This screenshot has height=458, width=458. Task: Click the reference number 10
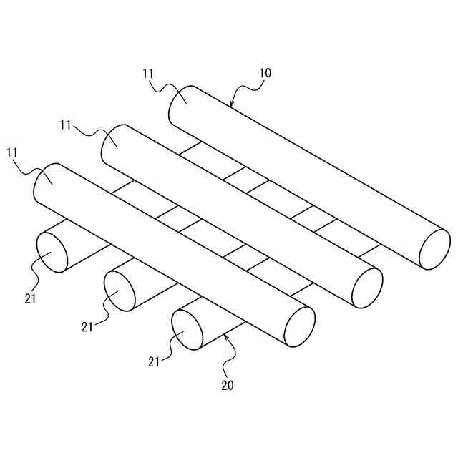pos(265,73)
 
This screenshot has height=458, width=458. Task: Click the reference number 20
pos(227,385)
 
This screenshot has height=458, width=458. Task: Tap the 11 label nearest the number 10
pos(148,73)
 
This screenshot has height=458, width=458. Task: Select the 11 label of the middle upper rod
pos(67,125)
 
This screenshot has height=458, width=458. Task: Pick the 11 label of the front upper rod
pos(12,152)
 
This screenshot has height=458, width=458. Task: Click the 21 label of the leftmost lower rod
pos(29,298)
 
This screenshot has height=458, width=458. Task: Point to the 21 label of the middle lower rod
pos(87,327)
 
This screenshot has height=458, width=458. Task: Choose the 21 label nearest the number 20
pos(154,361)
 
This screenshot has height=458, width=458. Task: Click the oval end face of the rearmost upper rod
pos(434,250)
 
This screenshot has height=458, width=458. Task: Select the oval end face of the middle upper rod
pos(367,288)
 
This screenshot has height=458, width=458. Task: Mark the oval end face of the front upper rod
pos(300,327)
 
